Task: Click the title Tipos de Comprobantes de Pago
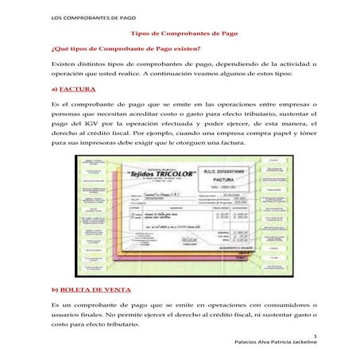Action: point(180,35)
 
